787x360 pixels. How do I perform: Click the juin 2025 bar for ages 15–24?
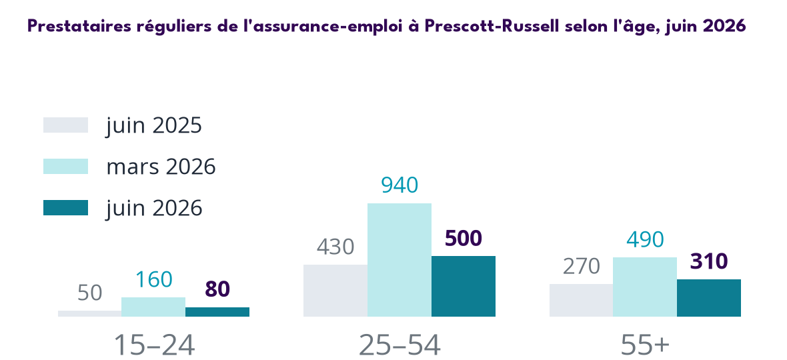(90, 313)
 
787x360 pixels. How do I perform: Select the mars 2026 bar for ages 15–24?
(153, 307)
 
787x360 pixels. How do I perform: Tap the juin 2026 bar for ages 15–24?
(217, 312)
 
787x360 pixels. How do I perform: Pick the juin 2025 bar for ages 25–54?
(335, 291)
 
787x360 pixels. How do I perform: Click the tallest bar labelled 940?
(400, 260)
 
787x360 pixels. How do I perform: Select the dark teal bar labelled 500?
(464, 286)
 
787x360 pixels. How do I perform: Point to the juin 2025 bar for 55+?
(581, 301)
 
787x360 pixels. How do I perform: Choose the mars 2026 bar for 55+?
(645, 287)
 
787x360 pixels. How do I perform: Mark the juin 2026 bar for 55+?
(709, 298)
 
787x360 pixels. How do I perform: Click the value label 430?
(335, 247)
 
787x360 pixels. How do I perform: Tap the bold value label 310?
(709, 262)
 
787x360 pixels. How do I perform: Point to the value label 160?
(153, 280)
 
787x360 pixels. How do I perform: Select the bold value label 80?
(217, 289)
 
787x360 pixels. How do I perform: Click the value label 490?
(645, 239)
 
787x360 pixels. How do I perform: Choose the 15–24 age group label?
(154, 344)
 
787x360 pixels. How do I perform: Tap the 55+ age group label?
(645, 344)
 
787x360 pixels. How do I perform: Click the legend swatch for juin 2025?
(66, 125)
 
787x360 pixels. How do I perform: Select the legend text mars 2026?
(161, 167)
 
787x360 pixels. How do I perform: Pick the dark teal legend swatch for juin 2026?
(66, 207)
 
